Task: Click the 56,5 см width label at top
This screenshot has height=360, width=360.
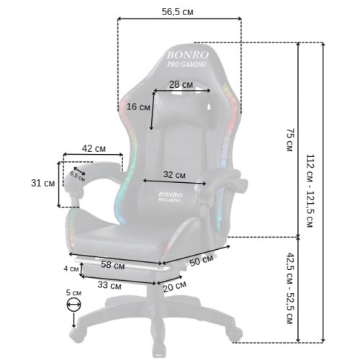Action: pos(177,12)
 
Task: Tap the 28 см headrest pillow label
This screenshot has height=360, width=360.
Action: pos(181,84)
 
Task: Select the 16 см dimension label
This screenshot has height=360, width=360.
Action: pos(138,107)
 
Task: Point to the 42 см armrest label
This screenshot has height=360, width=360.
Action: pos(94,148)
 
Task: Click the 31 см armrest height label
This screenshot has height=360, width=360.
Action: pos(43,184)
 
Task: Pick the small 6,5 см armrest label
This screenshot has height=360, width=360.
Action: pos(78,176)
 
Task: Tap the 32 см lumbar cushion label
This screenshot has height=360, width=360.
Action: pos(174,175)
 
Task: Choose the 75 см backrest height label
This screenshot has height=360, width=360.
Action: pos(290,140)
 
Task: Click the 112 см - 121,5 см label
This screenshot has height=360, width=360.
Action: pos(310,191)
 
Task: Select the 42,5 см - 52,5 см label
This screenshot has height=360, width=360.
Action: pos(290,288)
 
